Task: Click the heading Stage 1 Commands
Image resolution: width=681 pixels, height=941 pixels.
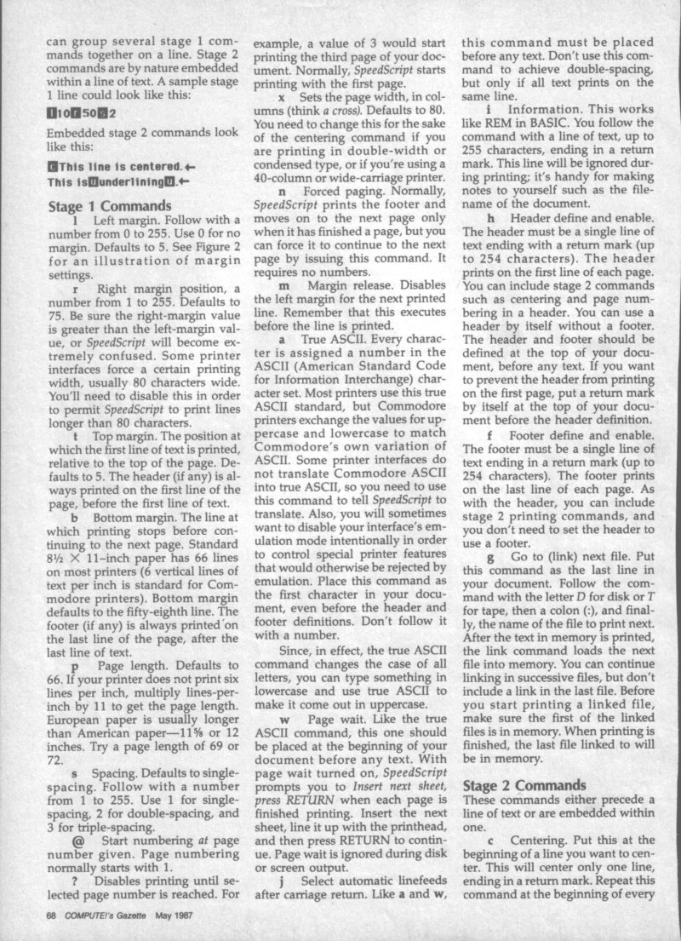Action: click(x=110, y=206)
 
